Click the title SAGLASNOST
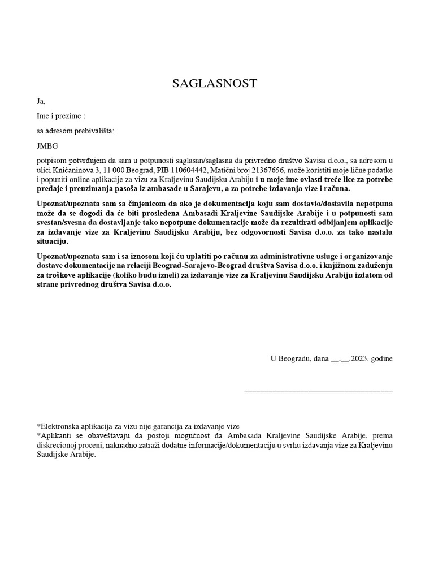click(x=215, y=84)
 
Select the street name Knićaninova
click(x=75, y=170)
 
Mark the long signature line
click(x=318, y=390)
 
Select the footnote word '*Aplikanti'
click(x=54, y=436)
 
